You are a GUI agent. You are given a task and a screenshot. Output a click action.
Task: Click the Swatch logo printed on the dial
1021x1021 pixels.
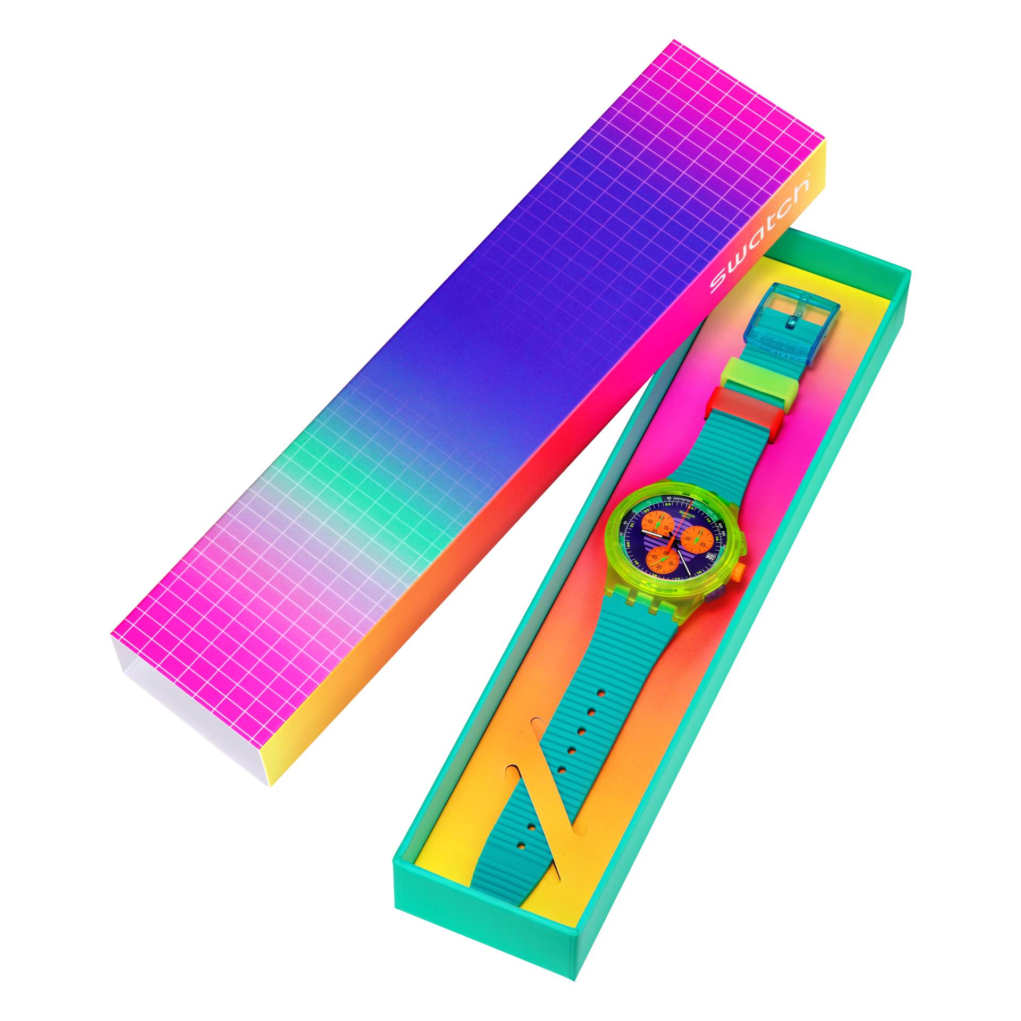[687, 514]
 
